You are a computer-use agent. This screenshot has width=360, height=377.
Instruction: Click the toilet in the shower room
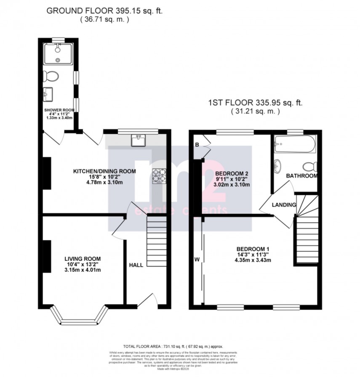(x=52, y=76)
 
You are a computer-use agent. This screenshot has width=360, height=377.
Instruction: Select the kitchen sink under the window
(x=138, y=141)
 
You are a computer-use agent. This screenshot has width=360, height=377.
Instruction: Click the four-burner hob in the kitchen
(x=160, y=175)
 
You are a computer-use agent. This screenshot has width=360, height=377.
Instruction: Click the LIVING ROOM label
(x=83, y=258)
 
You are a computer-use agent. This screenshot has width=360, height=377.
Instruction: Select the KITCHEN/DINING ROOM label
(x=104, y=171)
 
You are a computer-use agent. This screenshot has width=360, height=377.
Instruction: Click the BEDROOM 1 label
(x=253, y=248)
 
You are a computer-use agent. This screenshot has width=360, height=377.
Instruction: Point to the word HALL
(x=136, y=265)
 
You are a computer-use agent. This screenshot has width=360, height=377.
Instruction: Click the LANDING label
(x=284, y=204)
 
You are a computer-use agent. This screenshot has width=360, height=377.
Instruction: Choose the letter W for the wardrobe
(x=197, y=259)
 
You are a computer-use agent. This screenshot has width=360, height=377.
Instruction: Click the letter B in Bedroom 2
(x=196, y=145)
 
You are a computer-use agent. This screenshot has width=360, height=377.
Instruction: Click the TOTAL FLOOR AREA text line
(x=179, y=344)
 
